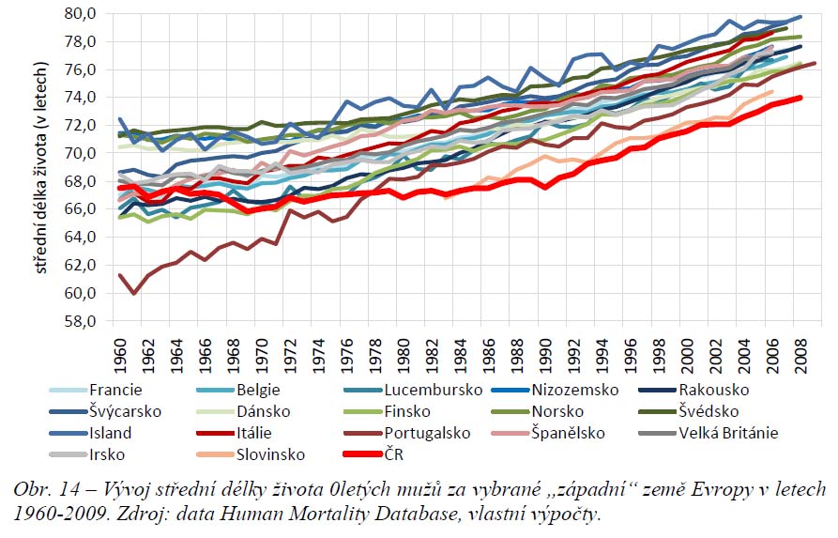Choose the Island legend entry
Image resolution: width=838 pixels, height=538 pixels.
click(110, 433)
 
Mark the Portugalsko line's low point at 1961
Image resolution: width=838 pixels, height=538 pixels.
click(135, 292)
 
